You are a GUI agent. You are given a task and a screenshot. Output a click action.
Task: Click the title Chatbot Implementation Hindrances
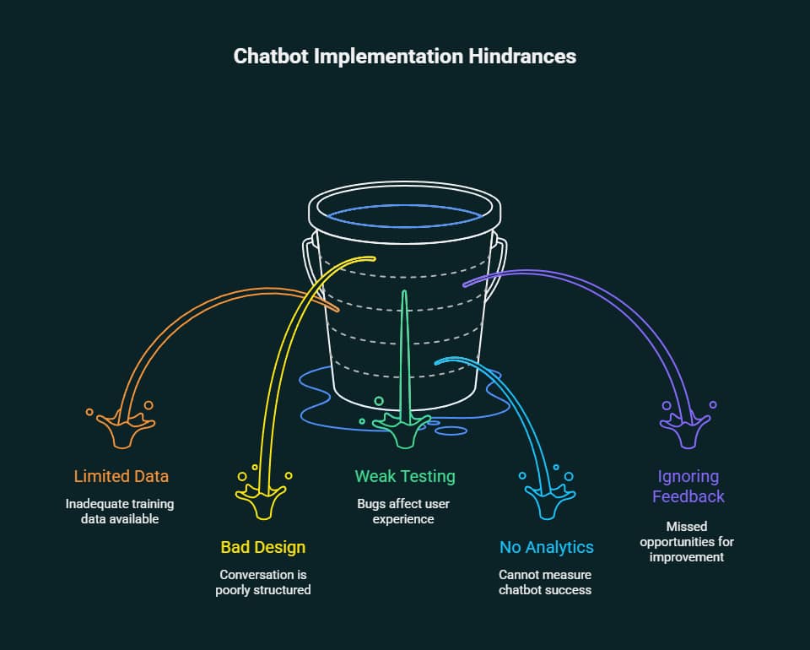[405, 56]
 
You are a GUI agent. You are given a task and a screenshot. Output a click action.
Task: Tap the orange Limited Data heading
[121, 476]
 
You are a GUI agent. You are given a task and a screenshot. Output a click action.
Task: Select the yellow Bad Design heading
[263, 547]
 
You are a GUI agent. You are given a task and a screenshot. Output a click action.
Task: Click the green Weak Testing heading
[405, 476]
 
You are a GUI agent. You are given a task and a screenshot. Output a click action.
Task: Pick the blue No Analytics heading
[546, 547]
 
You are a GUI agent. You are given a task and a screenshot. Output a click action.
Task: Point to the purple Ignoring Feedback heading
[688, 486]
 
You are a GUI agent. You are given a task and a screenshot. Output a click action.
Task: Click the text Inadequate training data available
[121, 512]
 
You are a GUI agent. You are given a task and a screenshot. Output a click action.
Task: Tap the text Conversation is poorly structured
[263, 582]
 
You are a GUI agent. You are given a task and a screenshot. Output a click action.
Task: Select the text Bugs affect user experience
[405, 512]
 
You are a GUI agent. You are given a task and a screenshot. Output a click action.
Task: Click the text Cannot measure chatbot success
[546, 582]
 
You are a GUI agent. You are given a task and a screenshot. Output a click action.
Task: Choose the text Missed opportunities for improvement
[688, 542]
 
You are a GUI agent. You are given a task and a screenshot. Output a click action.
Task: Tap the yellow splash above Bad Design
[263, 498]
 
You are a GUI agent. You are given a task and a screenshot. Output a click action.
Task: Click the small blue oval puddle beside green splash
[451, 431]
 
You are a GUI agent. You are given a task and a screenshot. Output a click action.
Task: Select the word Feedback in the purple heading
[688, 496]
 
